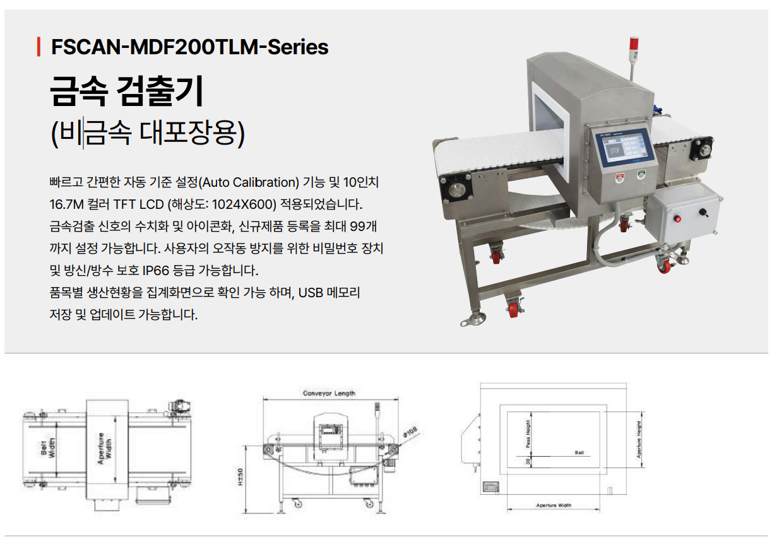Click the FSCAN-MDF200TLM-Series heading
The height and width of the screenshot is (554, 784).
(x=190, y=47)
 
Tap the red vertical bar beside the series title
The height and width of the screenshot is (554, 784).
(x=39, y=47)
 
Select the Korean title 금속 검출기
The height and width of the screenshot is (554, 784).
(x=127, y=91)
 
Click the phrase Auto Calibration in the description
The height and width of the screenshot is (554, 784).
(x=249, y=182)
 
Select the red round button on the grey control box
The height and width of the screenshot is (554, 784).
(x=677, y=219)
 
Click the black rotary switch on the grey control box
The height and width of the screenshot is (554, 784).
(x=703, y=212)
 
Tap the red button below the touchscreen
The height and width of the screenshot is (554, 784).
(x=620, y=178)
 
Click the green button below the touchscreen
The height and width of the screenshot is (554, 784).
(x=641, y=174)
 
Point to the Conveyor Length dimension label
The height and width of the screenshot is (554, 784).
(x=329, y=393)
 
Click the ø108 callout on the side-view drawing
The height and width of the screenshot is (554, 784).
(x=410, y=432)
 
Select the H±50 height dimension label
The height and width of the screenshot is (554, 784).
(x=240, y=477)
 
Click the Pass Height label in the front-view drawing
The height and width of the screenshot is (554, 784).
(x=528, y=433)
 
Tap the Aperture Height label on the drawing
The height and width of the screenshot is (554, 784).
(x=639, y=440)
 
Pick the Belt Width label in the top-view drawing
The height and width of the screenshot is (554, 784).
(x=48, y=449)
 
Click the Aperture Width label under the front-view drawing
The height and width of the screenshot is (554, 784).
(x=554, y=505)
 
